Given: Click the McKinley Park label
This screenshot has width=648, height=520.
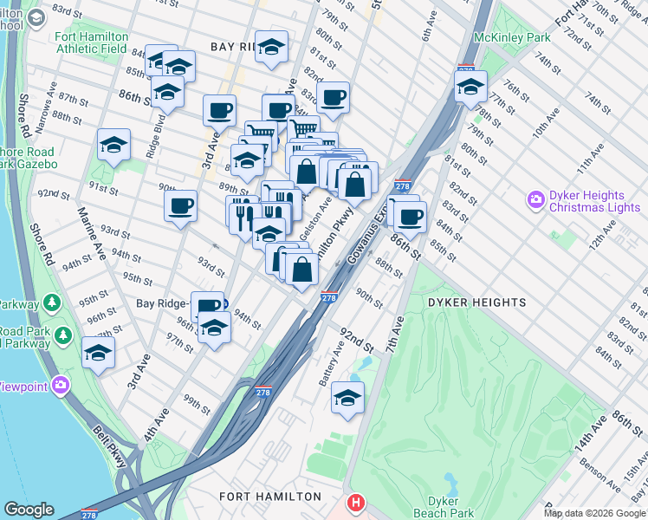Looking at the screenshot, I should tap(512, 38).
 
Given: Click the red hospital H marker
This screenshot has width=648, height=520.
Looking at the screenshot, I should tap(355, 503).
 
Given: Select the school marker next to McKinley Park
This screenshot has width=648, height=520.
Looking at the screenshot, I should tap(470, 88).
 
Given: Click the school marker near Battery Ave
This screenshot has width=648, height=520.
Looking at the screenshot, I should tap(348, 399).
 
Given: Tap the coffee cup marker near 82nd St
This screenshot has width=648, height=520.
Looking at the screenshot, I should tap(333, 98).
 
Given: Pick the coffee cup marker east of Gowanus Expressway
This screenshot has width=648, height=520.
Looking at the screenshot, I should tap(410, 216).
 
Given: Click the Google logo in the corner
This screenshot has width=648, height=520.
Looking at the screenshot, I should tap(29, 510).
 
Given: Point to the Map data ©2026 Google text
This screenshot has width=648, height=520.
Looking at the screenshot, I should tap(594, 513).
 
